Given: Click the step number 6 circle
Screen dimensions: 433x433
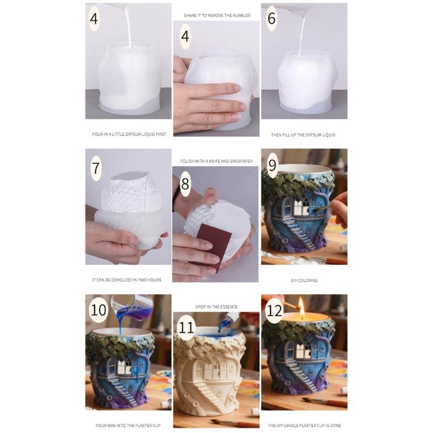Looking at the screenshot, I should (x=272, y=19).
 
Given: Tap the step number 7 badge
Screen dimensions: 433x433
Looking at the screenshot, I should (x=96, y=168).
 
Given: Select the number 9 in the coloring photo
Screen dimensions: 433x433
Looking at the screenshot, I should (x=272, y=162).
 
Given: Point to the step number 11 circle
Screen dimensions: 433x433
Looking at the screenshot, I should (x=186, y=328).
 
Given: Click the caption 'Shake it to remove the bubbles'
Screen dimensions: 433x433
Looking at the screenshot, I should (x=216, y=16).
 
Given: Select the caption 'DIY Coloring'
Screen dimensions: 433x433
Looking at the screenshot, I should (x=304, y=280).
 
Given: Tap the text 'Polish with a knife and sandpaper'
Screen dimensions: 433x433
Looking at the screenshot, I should (x=216, y=161).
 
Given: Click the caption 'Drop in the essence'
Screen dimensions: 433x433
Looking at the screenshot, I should (x=216, y=307).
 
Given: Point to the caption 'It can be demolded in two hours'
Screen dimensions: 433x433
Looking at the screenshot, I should (x=127, y=280).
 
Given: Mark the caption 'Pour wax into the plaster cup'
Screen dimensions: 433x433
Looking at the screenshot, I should (x=126, y=425).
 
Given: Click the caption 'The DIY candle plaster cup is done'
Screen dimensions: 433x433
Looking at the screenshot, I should (x=304, y=425).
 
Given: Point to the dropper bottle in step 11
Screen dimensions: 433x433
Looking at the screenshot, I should (x=232, y=319).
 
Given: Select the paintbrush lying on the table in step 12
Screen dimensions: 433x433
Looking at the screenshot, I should (x=325, y=402).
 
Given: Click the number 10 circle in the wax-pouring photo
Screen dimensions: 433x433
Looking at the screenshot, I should (x=99, y=311).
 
